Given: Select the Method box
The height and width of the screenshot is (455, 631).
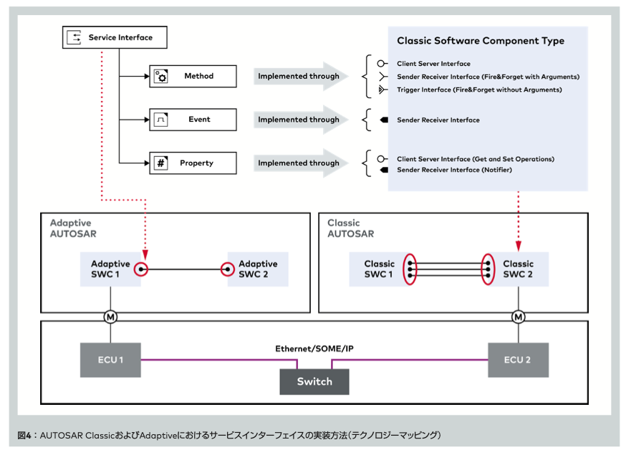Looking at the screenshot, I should click(193, 76).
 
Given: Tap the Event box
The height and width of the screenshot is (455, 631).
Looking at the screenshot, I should click(193, 120).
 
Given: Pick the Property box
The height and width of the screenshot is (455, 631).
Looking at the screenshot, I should click(193, 163).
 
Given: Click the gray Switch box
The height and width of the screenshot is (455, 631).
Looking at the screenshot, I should click(314, 381).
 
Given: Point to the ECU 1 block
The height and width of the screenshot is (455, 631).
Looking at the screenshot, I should click(110, 360).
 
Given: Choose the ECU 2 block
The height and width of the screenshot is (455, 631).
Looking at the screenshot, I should click(518, 360).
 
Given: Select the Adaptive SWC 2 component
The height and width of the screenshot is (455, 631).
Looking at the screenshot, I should click(257, 269).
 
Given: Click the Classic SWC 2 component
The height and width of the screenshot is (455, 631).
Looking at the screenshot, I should click(518, 269).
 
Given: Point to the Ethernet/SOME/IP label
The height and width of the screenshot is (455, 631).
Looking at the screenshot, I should click(314, 349).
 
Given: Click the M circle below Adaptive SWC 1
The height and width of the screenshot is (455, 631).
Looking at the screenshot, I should click(110, 317).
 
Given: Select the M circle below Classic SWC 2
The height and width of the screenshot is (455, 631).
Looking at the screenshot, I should click(518, 317).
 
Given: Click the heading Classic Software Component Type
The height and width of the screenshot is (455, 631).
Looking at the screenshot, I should click(481, 41).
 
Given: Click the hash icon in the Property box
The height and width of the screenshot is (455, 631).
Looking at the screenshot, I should click(161, 163).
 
